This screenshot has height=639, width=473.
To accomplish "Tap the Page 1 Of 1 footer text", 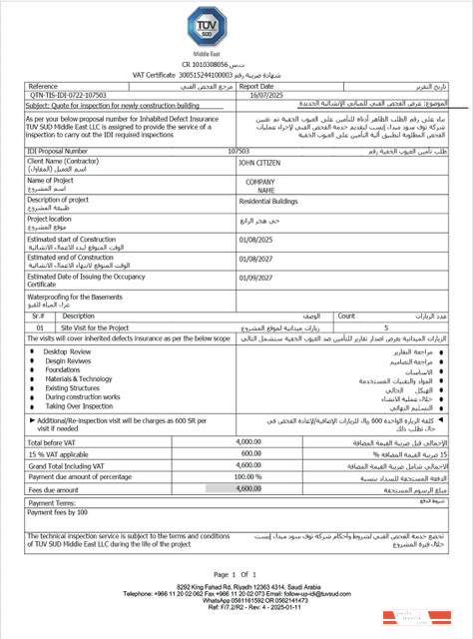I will (236, 573).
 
